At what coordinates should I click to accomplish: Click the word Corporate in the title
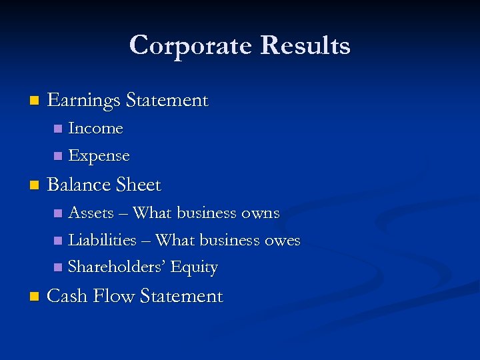[191, 45]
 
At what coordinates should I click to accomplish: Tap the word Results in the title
[305, 45]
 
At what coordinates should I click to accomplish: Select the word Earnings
[83, 101]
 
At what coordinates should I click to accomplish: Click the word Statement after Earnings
[167, 101]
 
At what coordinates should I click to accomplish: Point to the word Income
[95, 128]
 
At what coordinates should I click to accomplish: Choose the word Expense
[99, 156]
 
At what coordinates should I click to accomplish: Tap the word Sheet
[138, 184]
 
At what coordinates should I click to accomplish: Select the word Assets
[91, 213]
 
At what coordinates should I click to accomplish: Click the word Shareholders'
[117, 267]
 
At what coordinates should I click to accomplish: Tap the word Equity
[194, 267]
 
